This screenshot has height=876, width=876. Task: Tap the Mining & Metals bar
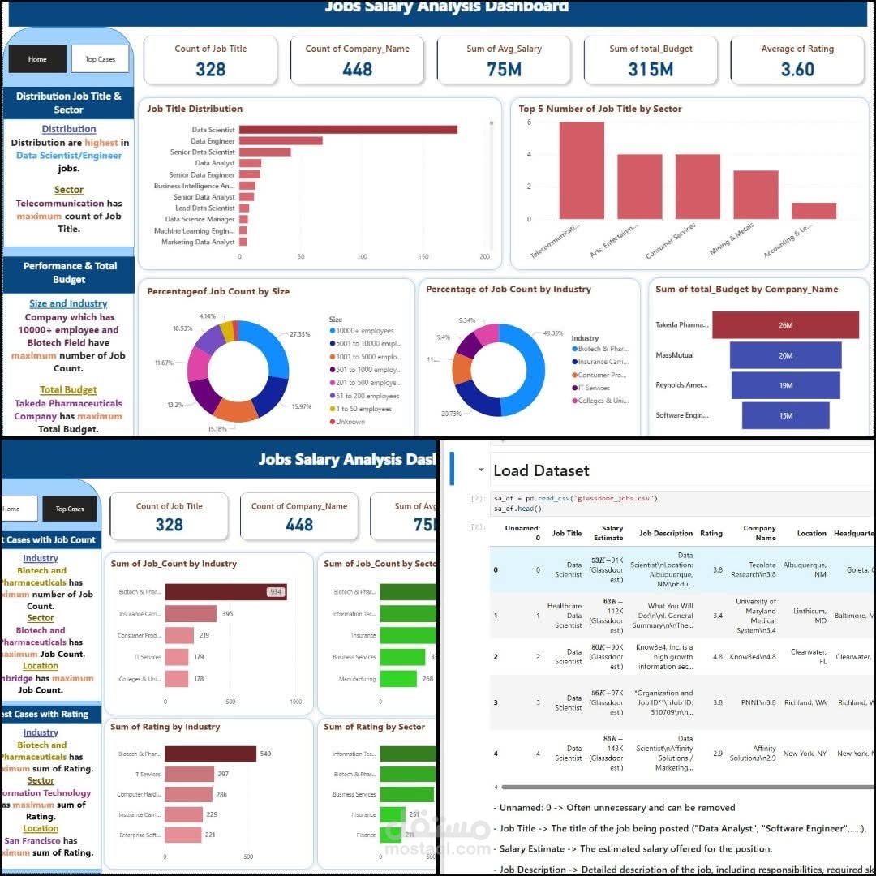(x=755, y=195)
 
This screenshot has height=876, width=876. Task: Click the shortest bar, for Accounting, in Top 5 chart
(x=814, y=211)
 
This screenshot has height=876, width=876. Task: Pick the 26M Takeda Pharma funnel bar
(x=785, y=325)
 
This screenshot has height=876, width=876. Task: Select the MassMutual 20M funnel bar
(x=785, y=355)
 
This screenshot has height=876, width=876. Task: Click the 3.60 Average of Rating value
(x=797, y=70)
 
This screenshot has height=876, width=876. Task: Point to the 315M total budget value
(x=651, y=70)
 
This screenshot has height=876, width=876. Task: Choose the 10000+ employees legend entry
(x=366, y=331)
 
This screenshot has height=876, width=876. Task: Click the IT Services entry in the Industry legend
(x=593, y=388)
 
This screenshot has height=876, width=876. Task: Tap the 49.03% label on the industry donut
(x=553, y=333)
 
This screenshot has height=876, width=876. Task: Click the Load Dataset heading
(x=541, y=471)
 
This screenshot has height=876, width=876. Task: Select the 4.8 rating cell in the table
(x=711, y=657)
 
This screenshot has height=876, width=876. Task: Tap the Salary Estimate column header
(x=612, y=533)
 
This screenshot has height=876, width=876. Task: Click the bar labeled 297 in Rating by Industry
(x=189, y=775)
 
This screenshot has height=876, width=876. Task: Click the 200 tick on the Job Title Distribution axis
(x=485, y=256)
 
